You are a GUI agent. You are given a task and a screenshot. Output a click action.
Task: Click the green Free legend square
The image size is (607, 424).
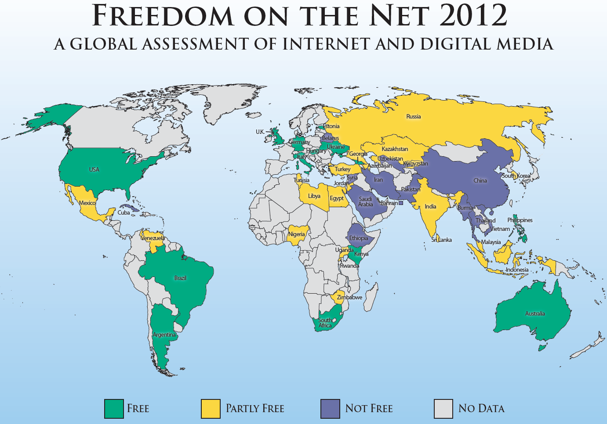[x=114, y=409]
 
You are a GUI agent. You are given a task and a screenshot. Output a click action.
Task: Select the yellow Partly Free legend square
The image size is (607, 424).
[x=210, y=409]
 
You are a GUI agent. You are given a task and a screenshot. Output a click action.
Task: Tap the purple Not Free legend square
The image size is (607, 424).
[x=330, y=409]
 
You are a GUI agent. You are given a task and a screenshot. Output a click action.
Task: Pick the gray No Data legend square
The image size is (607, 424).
[x=443, y=409]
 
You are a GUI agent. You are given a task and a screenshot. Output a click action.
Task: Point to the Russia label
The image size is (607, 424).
[x=414, y=117]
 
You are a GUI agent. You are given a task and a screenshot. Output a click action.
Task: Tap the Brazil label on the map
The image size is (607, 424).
[x=180, y=278]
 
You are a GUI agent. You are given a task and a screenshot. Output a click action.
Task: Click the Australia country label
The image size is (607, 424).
[x=535, y=314]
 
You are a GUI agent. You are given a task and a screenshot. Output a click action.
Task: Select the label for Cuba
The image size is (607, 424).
[x=124, y=213]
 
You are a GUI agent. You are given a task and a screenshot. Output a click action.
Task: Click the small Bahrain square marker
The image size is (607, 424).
[x=400, y=203]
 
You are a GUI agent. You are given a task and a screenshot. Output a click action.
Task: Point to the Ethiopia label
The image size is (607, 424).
[x=359, y=238]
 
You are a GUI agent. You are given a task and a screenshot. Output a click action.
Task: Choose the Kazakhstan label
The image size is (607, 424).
[x=395, y=149]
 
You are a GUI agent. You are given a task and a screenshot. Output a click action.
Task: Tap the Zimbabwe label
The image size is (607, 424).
[x=349, y=298]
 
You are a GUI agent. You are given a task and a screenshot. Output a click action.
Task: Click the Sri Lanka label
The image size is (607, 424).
[x=441, y=240]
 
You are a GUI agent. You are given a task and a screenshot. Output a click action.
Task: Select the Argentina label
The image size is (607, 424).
[x=164, y=335]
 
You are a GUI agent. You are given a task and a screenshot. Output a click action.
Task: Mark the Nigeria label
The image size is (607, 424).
[x=296, y=234]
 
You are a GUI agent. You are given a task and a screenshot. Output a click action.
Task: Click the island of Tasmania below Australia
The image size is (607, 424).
[x=542, y=348]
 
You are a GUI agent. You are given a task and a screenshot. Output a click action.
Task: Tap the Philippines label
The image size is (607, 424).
[x=520, y=220]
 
